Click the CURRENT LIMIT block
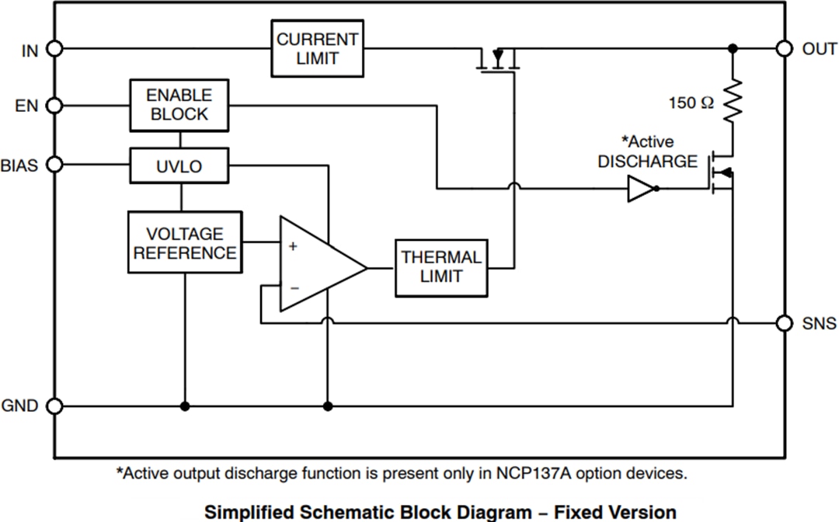coord(317,48)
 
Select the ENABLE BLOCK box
coord(179,105)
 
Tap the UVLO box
coord(179,165)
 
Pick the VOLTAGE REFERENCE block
coord(185,242)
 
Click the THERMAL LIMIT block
coord(441,267)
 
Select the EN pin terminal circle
coord(54,105)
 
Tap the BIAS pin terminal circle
coord(54,165)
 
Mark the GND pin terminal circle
coord(54,405)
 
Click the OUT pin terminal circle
coord(785,48)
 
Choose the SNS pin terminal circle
coord(785,322)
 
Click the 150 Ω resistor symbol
coord(733,99)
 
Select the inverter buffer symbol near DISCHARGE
coord(642,188)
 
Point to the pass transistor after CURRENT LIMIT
coord(497,61)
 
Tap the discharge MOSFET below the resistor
coord(721,172)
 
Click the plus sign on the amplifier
coord(293,246)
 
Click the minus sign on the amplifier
coord(293,287)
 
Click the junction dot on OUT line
coord(733,48)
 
